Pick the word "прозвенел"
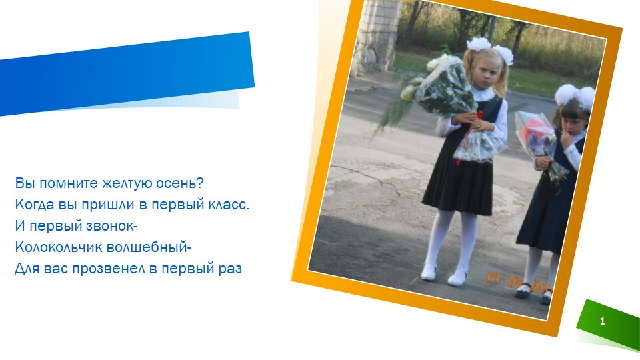(111, 270)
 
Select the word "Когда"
(35, 205)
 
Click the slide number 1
(603, 322)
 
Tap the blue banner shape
(127, 73)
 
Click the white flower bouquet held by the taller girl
(440, 83)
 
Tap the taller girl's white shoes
(443, 275)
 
